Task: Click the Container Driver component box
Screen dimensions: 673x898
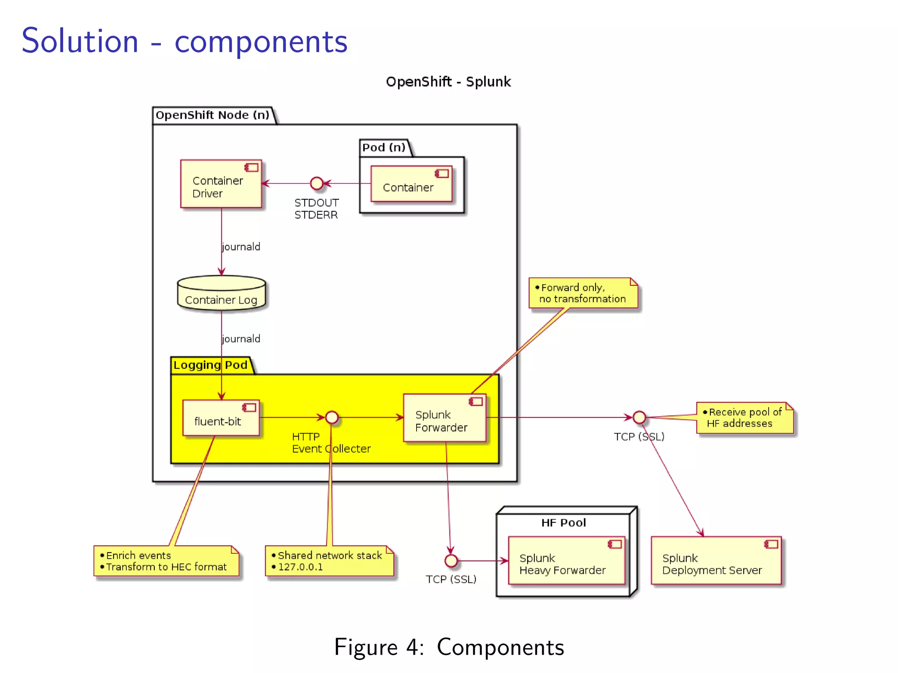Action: [221, 184]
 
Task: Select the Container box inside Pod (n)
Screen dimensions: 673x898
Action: [411, 184]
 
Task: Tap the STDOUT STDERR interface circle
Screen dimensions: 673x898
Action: [317, 183]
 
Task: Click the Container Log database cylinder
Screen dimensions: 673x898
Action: [221, 294]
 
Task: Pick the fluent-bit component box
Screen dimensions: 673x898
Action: [221, 418]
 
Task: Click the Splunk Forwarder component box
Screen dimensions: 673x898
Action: [445, 418]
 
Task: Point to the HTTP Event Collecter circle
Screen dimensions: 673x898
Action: [332, 418]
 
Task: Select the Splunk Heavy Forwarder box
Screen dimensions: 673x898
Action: [566, 561]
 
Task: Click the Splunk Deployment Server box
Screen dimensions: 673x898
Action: [716, 561]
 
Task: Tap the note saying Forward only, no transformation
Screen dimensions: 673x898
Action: [583, 293]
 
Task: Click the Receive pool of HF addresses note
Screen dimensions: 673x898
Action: [745, 418]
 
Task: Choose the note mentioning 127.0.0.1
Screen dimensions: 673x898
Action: [329, 561]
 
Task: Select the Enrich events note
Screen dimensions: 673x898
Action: [166, 561]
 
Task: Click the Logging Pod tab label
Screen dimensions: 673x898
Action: [210, 365]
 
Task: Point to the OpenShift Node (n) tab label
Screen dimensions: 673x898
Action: [213, 115]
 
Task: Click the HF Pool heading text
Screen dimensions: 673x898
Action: [563, 523]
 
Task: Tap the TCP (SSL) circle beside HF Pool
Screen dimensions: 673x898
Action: [451, 561]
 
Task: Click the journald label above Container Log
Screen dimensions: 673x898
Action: [241, 247]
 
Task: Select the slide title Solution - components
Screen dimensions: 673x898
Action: [184, 41]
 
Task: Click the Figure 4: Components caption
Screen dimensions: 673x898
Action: [449, 647]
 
